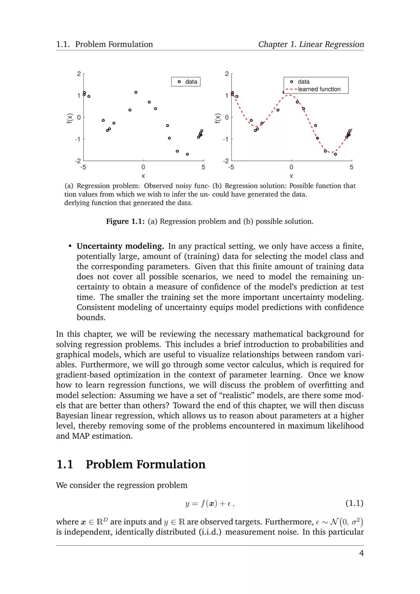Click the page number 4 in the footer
pos(361,553)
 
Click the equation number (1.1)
pos(354,503)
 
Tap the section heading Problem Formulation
pos(145,464)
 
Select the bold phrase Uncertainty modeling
pos(120,246)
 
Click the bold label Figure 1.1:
pos(125,221)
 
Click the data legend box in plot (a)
pos(186,82)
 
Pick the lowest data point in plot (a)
pos(187,154)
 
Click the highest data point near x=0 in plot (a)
pos(136,92)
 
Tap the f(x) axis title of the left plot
pos(70,118)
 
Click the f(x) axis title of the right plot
pos(217,118)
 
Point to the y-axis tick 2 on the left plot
pos(79,74)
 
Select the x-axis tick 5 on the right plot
pos(351,167)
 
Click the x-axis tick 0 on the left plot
pos(143,167)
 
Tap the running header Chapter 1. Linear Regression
pos(311,44)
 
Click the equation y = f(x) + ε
pos(210,504)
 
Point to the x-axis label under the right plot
pos(291,176)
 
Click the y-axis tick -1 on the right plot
pos(225,139)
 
